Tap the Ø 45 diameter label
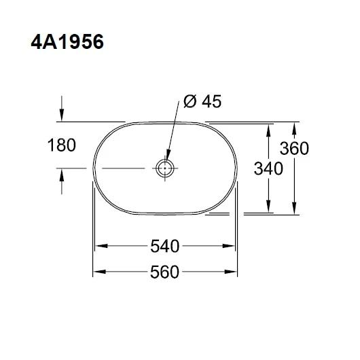click(x=202, y=102)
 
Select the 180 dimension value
click(x=62, y=145)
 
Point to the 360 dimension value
click(x=295, y=148)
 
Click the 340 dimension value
click(x=268, y=168)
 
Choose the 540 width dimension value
click(x=164, y=243)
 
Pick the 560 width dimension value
click(x=164, y=272)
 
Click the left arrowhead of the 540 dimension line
click(x=99, y=244)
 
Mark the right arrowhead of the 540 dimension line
click(x=232, y=244)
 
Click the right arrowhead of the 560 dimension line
click(x=235, y=272)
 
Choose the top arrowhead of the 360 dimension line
click(x=295, y=127)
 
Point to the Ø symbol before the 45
click(x=190, y=102)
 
